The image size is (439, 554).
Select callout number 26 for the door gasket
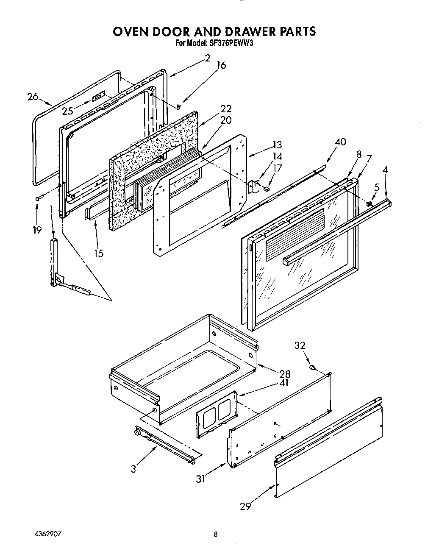click(x=33, y=97)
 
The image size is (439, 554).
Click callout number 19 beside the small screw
click(x=37, y=230)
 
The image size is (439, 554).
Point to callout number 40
click(x=340, y=142)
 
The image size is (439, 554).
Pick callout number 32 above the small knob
click(x=300, y=345)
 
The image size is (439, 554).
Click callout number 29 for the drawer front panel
click(x=245, y=506)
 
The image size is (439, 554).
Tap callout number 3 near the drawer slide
click(x=134, y=469)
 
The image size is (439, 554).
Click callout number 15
click(x=99, y=253)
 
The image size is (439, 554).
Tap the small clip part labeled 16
click(x=180, y=106)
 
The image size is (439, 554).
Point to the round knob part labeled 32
click(x=312, y=367)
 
